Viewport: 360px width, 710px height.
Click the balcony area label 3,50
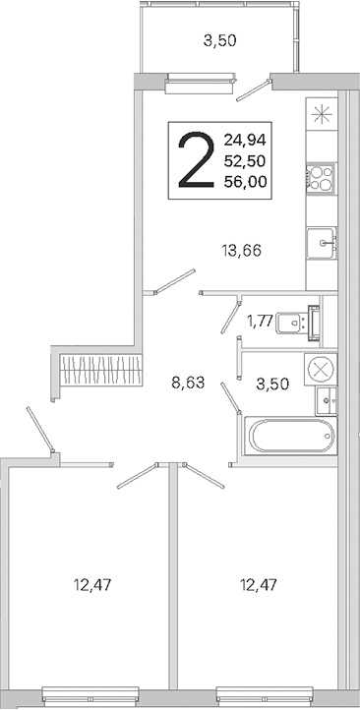(219, 41)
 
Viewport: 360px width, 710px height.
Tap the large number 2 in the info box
(196, 160)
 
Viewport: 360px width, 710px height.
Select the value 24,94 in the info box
(245, 140)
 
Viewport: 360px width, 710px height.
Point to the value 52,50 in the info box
(245, 160)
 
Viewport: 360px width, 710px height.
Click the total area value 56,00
(245, 182)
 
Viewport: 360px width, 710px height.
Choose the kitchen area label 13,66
(241, 250)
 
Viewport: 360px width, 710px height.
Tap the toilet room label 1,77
(260, 321)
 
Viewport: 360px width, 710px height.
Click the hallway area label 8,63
(188, 384)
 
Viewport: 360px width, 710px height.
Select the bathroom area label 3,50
(272, 385)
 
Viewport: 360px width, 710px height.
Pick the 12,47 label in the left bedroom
(92, 585)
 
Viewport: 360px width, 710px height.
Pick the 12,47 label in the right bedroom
(258, 585)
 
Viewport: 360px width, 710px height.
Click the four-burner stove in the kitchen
(321, 177)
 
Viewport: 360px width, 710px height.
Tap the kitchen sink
(322, 243)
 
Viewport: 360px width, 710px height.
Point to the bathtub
(291, 436)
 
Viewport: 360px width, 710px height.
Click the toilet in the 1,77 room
(298, 323)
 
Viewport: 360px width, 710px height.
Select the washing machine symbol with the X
(321, 370)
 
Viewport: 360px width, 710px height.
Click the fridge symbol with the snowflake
(322, 114)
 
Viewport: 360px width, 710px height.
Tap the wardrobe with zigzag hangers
(101, 369)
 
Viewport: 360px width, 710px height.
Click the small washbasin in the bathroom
(327, 401)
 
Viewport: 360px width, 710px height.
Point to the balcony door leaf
(254, 90)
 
